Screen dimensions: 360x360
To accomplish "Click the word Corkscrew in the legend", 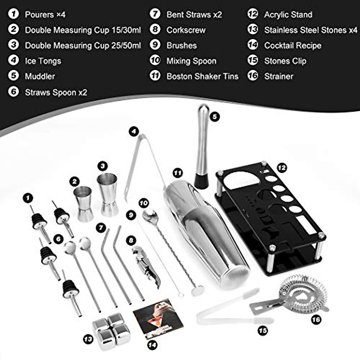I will tap(186, 30).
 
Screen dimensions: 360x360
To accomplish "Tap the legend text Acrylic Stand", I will tap(288, 14).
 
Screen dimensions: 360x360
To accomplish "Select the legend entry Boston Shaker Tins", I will tap(202, 76).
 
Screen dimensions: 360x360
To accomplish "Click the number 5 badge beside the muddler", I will tap(214, 116).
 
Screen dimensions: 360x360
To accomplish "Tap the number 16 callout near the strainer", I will tap(316, 319).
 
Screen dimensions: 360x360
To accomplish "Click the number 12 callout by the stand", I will tap(282, 168).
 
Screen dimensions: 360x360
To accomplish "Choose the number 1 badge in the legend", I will tap(13, 14).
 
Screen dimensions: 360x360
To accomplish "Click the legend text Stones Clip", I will tap(285, 61).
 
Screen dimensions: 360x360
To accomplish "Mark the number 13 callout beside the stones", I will tap(88, 339).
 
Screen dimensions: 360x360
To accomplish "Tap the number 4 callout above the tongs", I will tap(134, 131).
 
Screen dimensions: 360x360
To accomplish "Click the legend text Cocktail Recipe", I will tap(292, 46).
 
